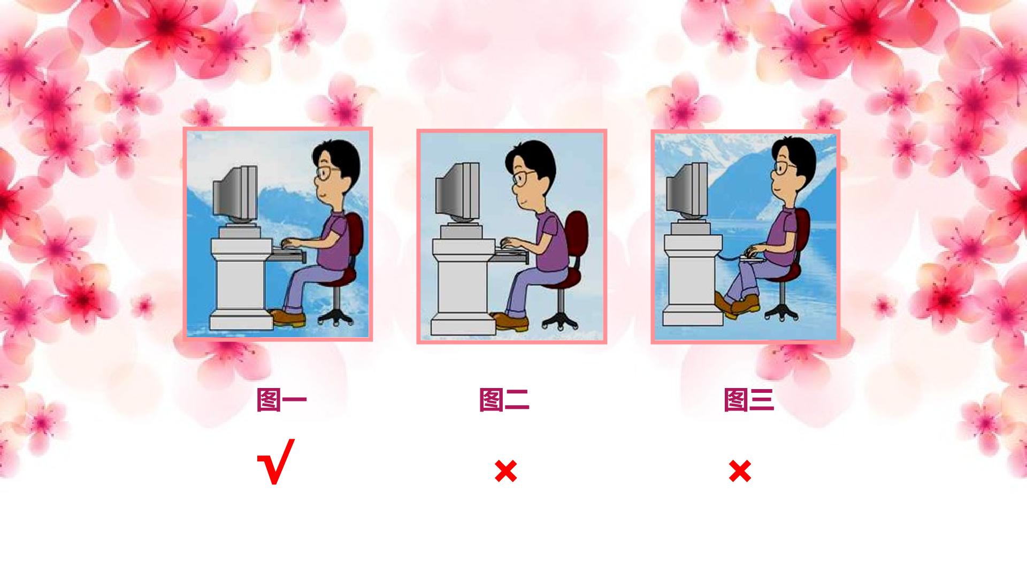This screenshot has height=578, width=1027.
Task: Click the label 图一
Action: (281, 400)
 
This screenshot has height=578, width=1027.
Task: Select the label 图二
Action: (504, 400)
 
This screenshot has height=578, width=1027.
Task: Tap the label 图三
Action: (749, 400)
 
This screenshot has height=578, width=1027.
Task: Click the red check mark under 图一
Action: (276, 461)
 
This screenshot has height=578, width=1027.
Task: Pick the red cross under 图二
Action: (505, 471)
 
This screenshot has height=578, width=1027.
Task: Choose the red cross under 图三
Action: (740, 471)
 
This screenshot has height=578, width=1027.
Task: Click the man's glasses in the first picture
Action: (326, 172)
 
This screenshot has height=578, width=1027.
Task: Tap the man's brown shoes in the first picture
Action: (289, 318)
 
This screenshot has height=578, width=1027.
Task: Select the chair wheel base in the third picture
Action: (783, 311)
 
